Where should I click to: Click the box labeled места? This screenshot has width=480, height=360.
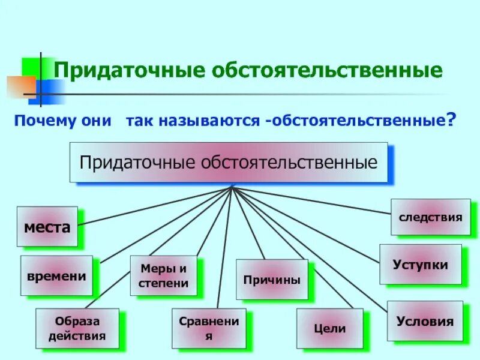tap(47, 227)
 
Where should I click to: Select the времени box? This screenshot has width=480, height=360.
tap(56, 276)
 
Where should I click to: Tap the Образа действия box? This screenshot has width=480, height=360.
tap(77, 328)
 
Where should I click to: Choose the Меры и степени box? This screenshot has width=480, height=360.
tap(163, 275)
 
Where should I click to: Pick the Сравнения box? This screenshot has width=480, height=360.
tap(209, 328)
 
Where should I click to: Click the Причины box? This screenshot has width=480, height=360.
tap(272, 280)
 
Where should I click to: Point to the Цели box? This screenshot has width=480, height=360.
tap(329, 328)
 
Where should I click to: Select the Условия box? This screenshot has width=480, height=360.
tap(425, 321)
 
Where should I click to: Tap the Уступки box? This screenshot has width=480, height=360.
tap(420, 264)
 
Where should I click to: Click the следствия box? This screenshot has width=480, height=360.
tap(430, 217)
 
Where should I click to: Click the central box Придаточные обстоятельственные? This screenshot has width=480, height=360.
tap(229, 162)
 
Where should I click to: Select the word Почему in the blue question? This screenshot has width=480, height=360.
tap(43, 121)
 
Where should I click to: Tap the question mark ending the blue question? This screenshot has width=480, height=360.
tap(448, 121)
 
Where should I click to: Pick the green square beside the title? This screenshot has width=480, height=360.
tap(30, 67)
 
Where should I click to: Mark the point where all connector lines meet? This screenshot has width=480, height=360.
tap(232, 187)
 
